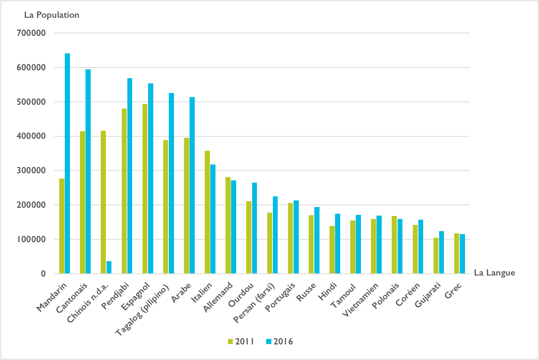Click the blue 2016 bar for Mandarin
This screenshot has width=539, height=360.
(x=67, y=163)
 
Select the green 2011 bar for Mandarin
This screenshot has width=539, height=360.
(x=62, y=226)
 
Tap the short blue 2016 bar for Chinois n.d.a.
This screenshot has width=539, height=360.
(x=109, y=267)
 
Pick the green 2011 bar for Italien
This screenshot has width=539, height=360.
(x=207, y=212)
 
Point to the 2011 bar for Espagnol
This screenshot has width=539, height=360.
(x=145, y=189)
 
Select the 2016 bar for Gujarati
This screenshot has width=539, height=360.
(x=441, y=252)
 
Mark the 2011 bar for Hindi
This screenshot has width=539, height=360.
(x=332, y=250)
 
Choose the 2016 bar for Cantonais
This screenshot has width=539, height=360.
(x=88, y=171)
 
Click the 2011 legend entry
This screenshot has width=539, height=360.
(x=241, y=341)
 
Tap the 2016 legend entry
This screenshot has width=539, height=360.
(x=279, y=341)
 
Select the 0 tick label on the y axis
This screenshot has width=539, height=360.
(x=43, y=274)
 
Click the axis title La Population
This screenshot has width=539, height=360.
(x=52, y=15)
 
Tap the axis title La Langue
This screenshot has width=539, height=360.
(x=495, y=273)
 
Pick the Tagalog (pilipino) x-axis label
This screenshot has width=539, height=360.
(x=143, y=310)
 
